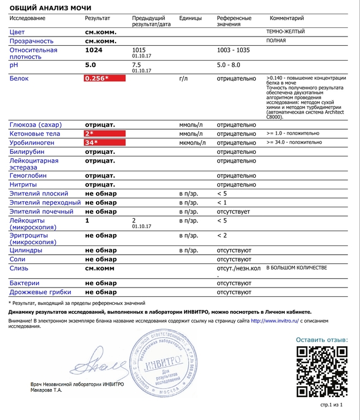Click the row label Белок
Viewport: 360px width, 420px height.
coord(19,79)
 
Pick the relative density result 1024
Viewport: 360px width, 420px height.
coord(94,50)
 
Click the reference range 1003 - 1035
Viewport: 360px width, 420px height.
coord(233,50)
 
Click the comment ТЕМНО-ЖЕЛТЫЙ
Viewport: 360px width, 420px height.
coord(285,32)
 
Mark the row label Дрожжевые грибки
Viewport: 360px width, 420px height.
coord(41,292)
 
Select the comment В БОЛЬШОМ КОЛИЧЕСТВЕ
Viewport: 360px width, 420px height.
coord(297,268)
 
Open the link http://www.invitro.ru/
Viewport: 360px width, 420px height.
coord(274,321)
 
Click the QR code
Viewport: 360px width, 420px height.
coord(322,372)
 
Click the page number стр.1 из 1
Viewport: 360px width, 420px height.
coord(332,405)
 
